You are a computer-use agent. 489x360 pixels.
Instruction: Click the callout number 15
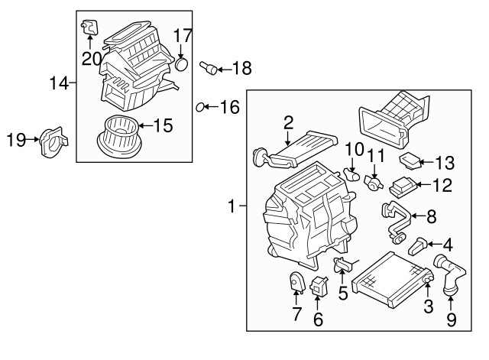163,125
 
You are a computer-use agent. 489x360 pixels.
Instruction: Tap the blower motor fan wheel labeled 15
119,136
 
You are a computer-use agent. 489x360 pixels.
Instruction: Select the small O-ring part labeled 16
199,107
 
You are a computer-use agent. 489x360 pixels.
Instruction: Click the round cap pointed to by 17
182,64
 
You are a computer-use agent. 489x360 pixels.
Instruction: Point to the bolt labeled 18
209,67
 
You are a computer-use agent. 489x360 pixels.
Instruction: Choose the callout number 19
16,139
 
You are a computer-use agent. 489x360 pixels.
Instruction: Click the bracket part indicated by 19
53,142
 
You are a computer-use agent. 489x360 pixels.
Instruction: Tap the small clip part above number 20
89,26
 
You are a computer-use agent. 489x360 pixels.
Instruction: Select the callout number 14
59,83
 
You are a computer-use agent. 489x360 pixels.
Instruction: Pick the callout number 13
445,163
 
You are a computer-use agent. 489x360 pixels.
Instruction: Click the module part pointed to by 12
403,186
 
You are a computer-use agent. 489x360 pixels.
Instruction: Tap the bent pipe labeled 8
396,222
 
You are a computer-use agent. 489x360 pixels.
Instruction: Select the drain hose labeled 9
449,274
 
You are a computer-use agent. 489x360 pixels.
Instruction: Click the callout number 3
428,306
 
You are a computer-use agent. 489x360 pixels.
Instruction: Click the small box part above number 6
319,285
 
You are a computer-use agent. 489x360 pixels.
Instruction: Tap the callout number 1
231,206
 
